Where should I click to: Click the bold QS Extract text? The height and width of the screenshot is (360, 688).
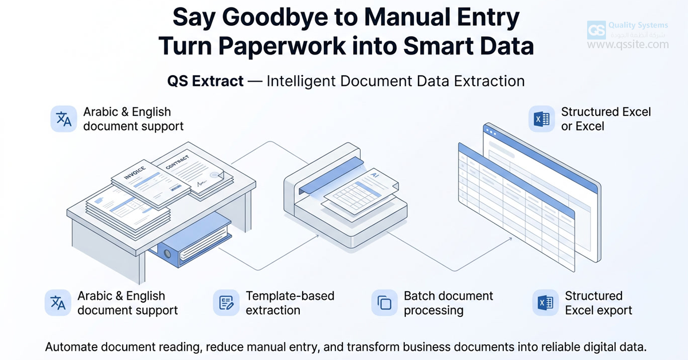pyautogui.click(x=205, y=81)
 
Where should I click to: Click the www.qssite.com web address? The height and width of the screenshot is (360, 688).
pyautogui.click(x=628, y=44)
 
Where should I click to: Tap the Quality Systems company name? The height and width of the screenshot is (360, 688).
pyautogui.click(x=638, y=25)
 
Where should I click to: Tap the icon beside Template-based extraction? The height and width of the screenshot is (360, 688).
pyautogui.click(x=226, y=303)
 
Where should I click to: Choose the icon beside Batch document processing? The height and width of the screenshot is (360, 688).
pyautogui.click(x=384, y=303)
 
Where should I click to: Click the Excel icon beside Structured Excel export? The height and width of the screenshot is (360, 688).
pyautogui.click(x=545, y=303)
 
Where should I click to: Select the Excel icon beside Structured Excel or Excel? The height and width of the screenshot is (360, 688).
pyautogui.click(x=541, y=119)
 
